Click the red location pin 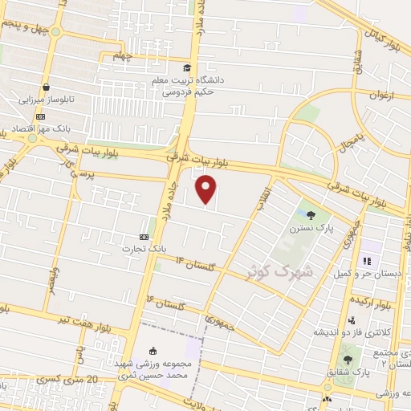tap(207, 189)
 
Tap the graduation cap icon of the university tap(187, 68)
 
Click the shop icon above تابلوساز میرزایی tap(46, 87)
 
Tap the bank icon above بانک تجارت tap(144, 237)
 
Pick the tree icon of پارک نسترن tap(311, 214)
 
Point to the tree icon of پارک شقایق tap(348, 360)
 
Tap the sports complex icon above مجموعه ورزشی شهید tap(153, 350)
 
